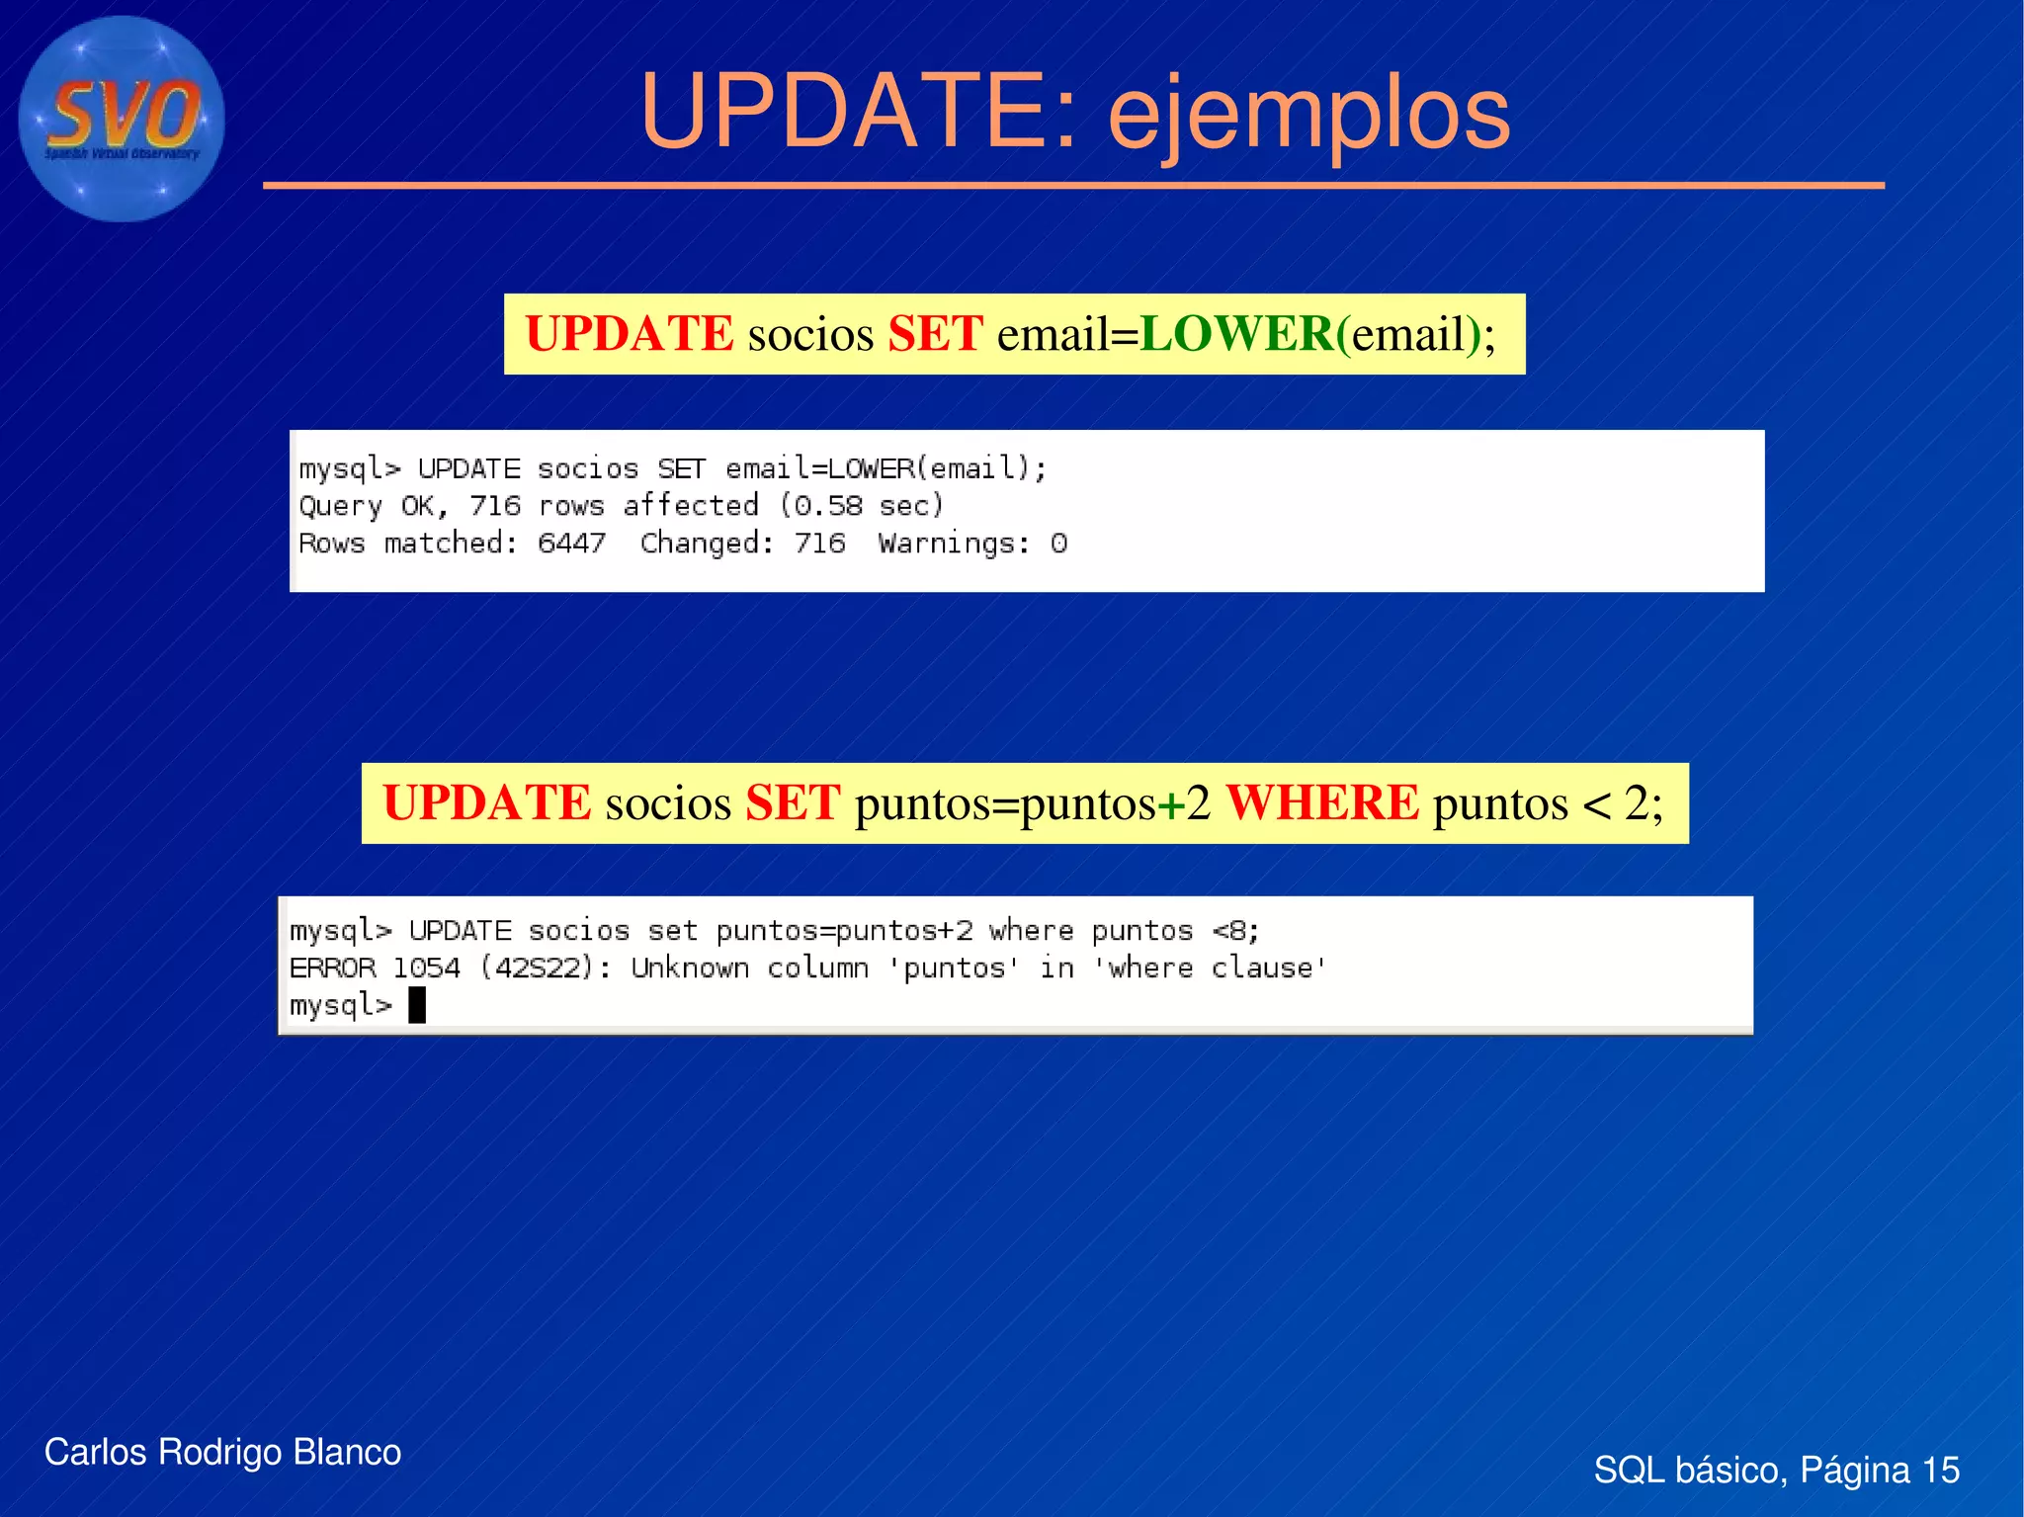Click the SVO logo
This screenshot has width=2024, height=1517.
(x=122, y=119)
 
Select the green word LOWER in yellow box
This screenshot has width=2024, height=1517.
(x=1236, y=334)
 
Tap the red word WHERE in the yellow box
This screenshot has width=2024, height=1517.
(x=1322, y=802)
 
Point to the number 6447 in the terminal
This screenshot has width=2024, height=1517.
(x=571, y=544)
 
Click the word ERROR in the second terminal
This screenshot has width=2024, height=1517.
(x=332, y=969)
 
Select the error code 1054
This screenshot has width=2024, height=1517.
(x=426, y=969)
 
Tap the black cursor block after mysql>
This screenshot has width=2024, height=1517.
(x=417, y=1005)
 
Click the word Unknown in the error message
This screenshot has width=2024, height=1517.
(x=690, y=969)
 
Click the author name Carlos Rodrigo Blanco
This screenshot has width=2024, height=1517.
(x=222, y=1452)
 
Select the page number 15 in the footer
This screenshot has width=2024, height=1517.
(x=1940, y=1471)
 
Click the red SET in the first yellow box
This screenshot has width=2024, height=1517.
(x=935, y=334)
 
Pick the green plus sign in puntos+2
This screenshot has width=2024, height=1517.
(x=1171, y=803)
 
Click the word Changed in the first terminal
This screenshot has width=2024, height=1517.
(x=701, y=544)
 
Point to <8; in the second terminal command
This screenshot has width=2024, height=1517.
(x=1235, y=931)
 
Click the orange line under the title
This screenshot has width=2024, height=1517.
(x=1073, y=185)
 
